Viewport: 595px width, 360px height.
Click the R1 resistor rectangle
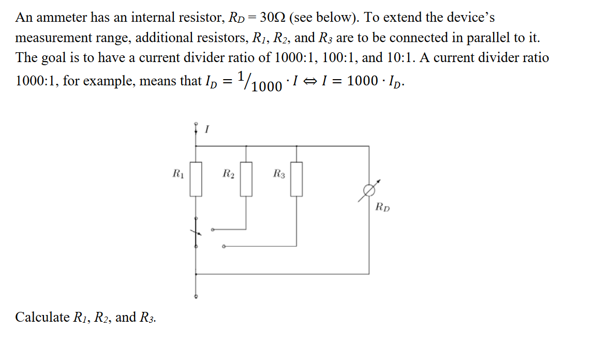coord(196,179)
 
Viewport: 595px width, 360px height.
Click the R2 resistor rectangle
coord(246,179)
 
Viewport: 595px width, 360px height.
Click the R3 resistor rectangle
coord(296,179)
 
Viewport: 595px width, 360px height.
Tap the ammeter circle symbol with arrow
coord(369,191)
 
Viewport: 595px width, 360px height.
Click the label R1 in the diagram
coord(177,173)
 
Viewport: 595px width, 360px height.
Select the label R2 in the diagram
coord(228,173)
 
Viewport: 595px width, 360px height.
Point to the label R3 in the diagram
coord(278,173)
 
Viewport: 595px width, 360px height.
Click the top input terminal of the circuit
coord(196,124)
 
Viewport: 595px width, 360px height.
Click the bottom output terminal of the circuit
coord(196,297)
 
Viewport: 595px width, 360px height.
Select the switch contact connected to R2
coord(212,229)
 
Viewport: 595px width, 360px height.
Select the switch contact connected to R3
coord(223,246)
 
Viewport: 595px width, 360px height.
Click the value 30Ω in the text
coord(269,18)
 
